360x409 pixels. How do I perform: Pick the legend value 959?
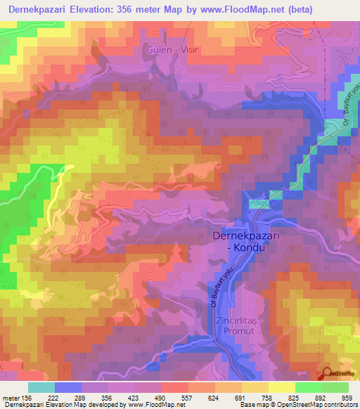coord(348,398)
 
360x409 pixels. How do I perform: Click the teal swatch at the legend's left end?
coord(41,387)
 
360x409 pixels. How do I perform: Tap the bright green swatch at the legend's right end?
coord(335,387)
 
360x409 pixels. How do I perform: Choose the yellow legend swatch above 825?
coord(282,387)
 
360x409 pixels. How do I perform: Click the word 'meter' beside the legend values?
coord(12,398)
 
